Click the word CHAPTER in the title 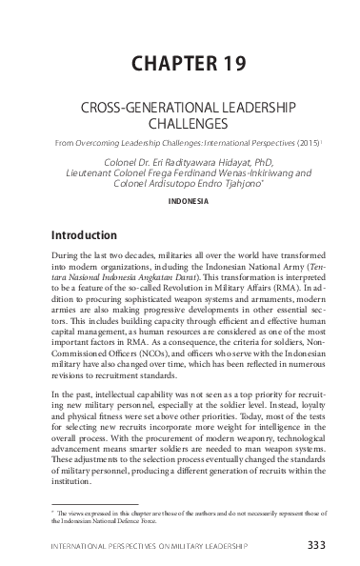click(165, 64)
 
